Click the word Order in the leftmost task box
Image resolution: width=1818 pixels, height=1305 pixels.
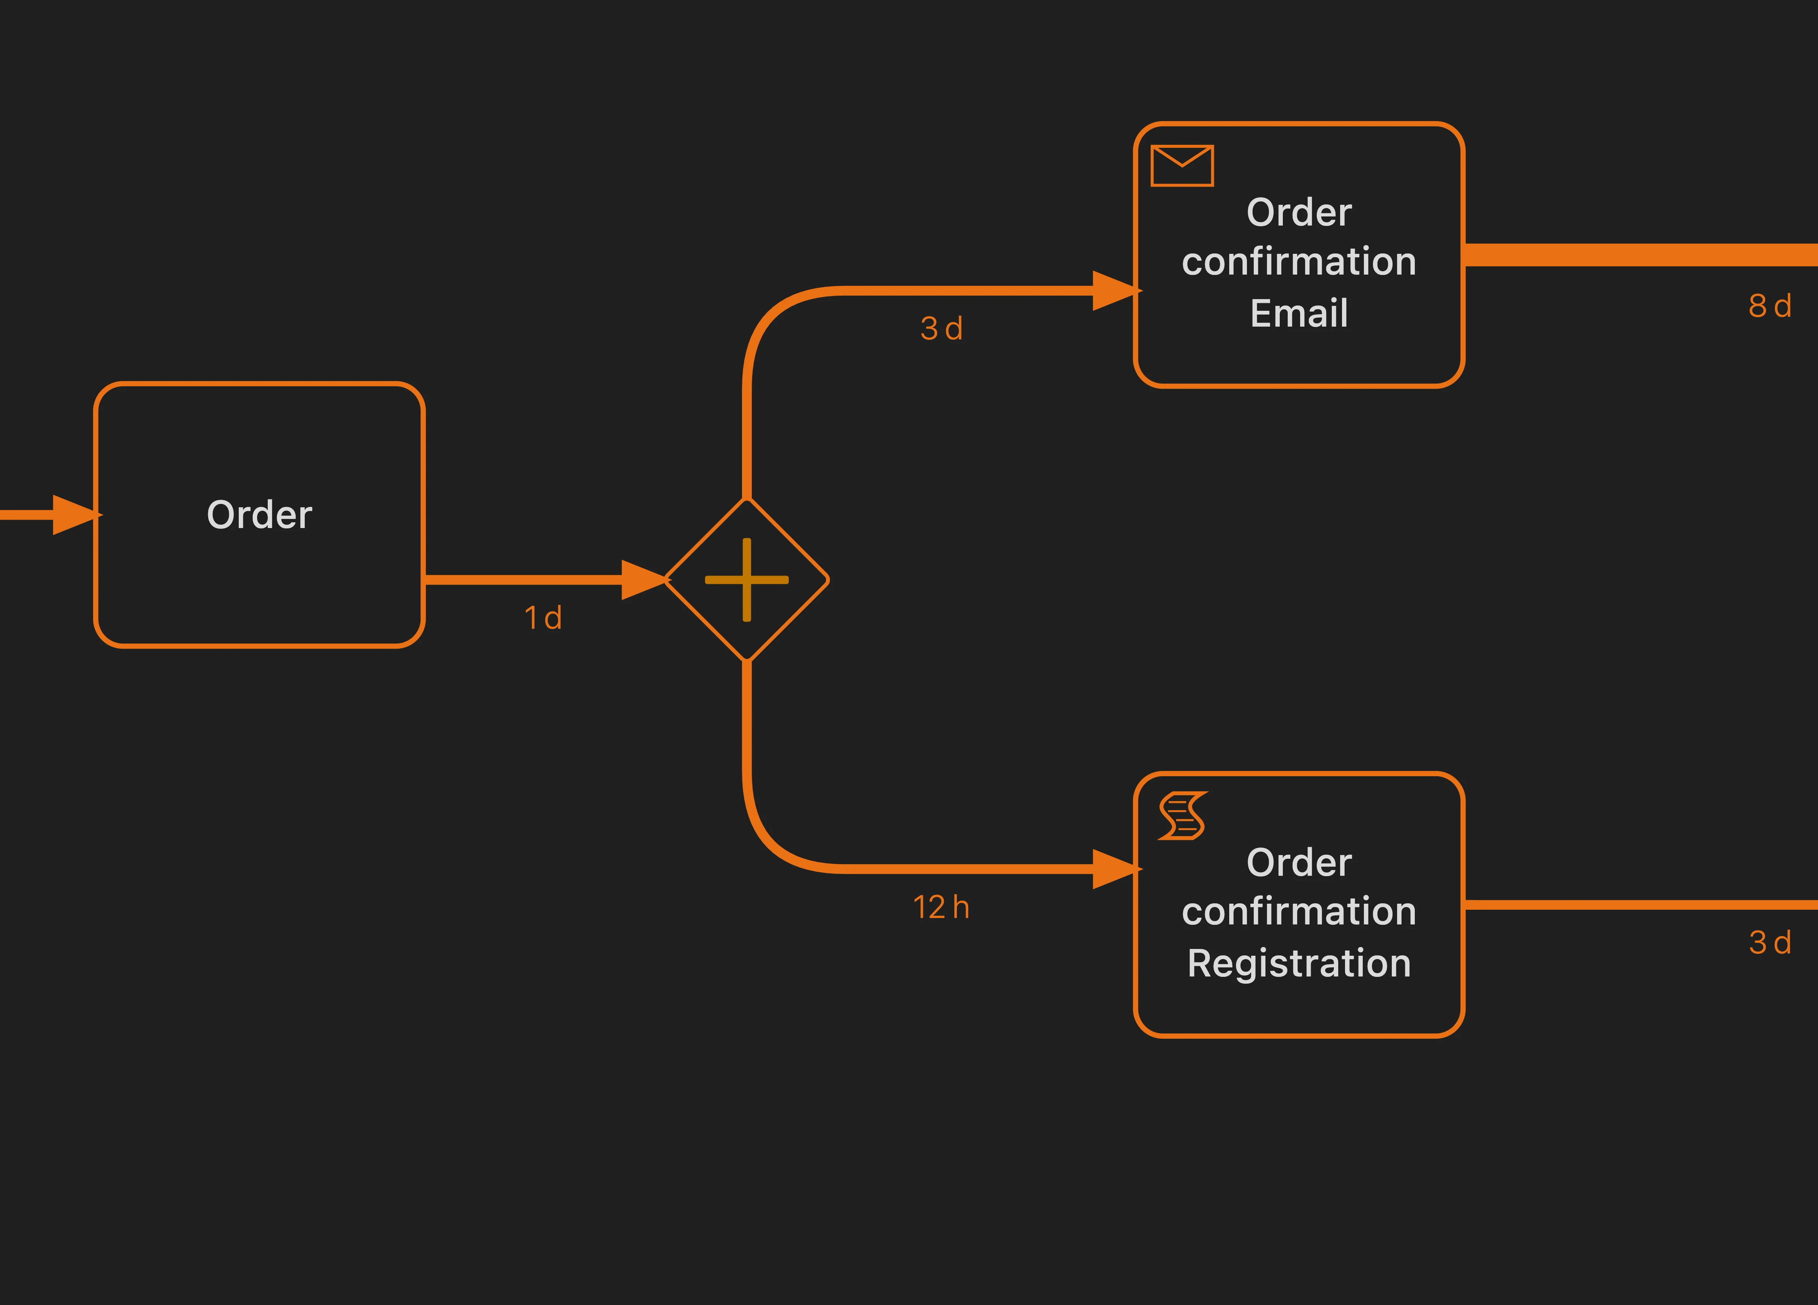[x=259, y=514]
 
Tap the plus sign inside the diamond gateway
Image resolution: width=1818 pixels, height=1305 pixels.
[x=746, y=580]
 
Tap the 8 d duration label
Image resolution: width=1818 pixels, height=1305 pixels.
[x=1769, y=306]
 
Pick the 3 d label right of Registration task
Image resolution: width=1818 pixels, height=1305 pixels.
[x=1769, y=942]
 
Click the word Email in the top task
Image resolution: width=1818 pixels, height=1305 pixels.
[x=1299, y=313]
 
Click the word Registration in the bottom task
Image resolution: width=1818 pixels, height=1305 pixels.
[x=1299, y=963]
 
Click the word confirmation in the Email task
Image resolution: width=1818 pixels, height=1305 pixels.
[x=1299, y=261]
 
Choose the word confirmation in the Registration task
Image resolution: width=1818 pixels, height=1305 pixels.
[x=1299, y=911]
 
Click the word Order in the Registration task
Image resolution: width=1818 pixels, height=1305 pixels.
[x=1299, y=863]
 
